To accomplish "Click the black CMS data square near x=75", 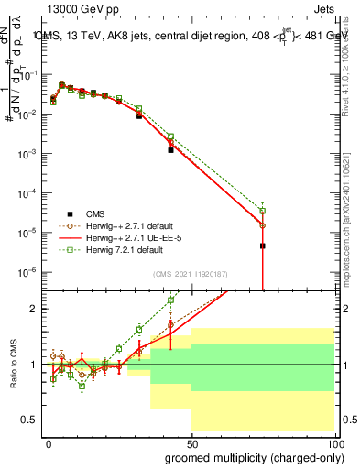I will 262,245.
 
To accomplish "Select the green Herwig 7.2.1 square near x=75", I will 262,211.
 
